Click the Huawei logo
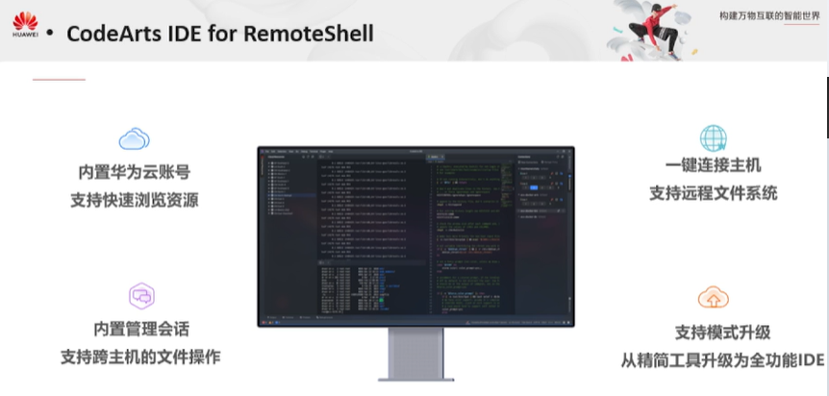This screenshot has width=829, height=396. pyautogui.click(x=25, y=25)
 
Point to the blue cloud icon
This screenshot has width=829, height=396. pyautogui.click(x=134, y=140)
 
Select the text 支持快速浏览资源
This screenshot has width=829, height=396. pyautogui.click(x=134, y=201)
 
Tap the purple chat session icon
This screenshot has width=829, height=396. pyautogui.click(x=141, y=295)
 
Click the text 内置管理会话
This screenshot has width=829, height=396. pyautogui.click(x=141, y=328)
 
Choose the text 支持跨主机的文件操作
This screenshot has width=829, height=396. pyautogui.click(x=140, y=357)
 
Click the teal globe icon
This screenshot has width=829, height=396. pyautogui.click(x=713, y=136)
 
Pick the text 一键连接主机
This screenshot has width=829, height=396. pyautogui.click(x=713, y=165)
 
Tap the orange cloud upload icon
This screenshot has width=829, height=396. pyautogui.click(x=713, y=296)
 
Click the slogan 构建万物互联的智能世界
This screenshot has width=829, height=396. pyautogui.click(x=769, y=16)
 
